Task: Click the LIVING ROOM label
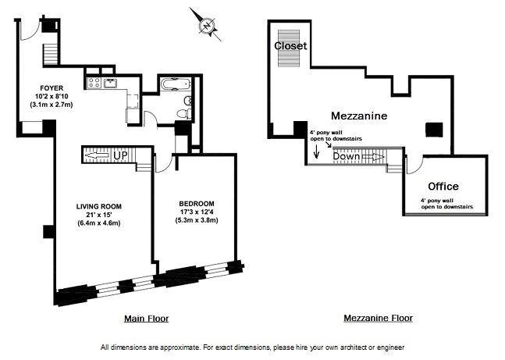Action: click(x=98, y=206)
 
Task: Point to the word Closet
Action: click(x=290, y=46)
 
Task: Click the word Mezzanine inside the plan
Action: click(x=359, y=116)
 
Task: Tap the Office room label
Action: click(x=443, y=187)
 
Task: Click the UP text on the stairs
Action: click(x=120, y=155)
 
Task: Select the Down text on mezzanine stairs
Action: click(x=347, y=156)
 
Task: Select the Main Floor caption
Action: click(x=146, y=318)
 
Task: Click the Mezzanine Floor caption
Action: click(x=378, y=318)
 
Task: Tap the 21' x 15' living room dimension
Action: click(x=98, y=215)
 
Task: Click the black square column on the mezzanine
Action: click(x=432, y=130)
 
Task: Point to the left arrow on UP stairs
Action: click(x=94, y=155)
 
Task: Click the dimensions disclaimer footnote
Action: click(x=252, y=347)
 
